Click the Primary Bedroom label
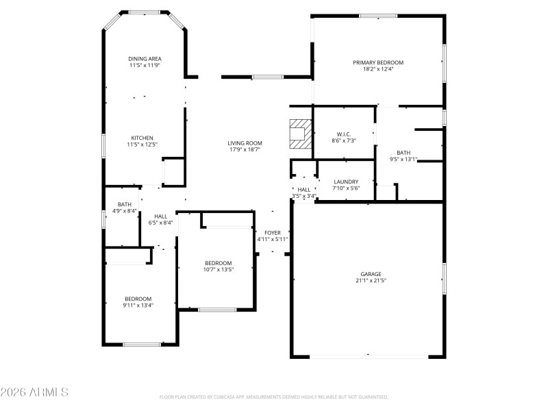coord(378,62)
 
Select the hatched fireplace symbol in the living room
coord(299,133)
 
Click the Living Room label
coord(245,143)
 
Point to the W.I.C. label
coord(344,134)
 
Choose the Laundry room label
coord(345,182)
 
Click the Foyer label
coord(272,233)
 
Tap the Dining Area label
coord(145,59)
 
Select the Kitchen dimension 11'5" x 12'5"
coord(142,145)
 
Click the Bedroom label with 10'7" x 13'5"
coord(218,263)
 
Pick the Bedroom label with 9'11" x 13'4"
coord(138,299)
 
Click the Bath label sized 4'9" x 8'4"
coord(124,204)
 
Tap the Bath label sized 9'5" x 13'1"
coord(403,153)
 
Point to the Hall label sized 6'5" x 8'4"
coord(160,216)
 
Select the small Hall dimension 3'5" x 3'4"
coord(304,197)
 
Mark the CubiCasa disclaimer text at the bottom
coord(273,397)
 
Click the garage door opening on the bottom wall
coord(369,356)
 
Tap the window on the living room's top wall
coord(267,77)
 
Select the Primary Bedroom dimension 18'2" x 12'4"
coord(378,69)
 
